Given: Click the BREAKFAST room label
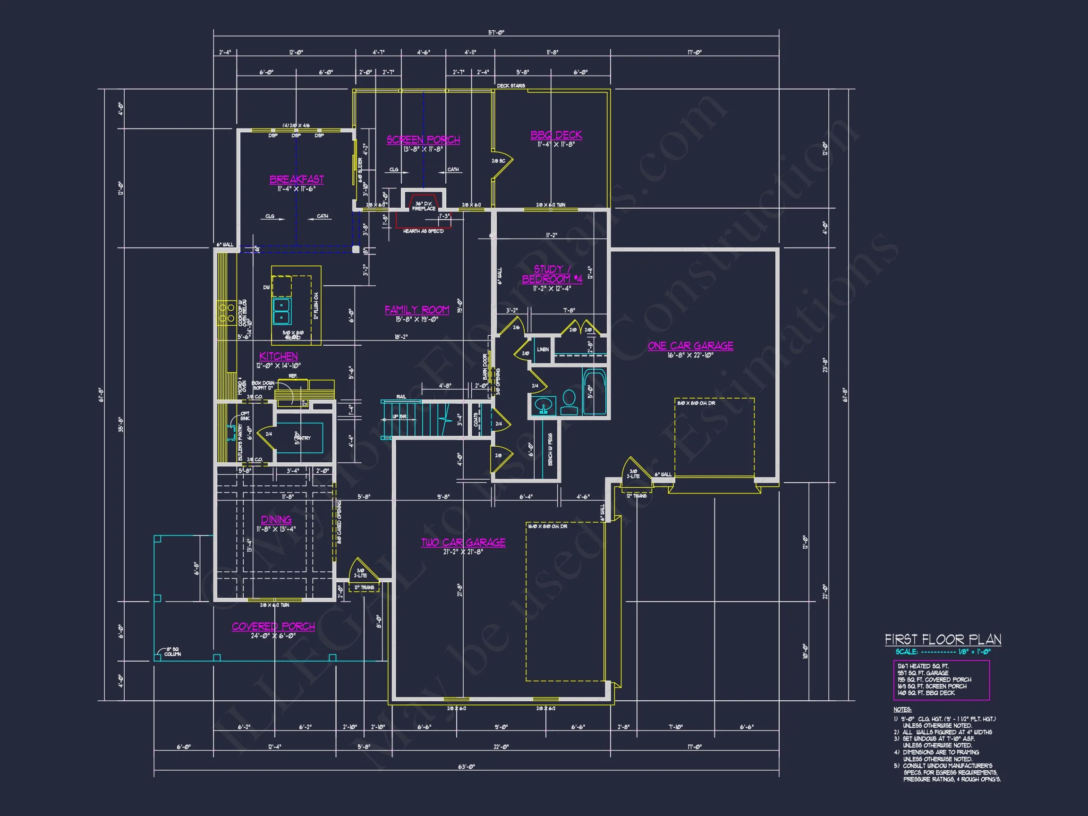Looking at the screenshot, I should click(x=297, y=179).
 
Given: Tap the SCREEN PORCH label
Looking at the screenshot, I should click(x=423, y=140).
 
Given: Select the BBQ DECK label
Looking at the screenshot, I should click(x=556, y=135).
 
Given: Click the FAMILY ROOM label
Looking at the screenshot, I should click(x=416, y=310).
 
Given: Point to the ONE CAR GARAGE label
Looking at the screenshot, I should click(x=690, y=346).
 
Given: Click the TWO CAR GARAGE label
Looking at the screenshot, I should click(x=463, y=542).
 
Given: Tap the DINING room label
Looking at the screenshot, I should click(x=276, y=519).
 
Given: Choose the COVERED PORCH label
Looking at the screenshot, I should click(x=273, y=626).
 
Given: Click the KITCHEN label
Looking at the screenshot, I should click(x=279, y=356).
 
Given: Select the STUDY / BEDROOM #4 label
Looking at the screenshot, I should click(x=552, y=274).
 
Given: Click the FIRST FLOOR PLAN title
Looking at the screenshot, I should click(x=943, y=639).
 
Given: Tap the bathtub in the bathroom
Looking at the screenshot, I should click(x=595, y=391).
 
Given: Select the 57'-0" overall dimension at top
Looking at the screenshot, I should click(x=496, y=33).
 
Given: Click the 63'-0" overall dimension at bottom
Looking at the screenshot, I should click(x=466, y=766).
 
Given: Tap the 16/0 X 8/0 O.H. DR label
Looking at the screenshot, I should click(x=547, y=527).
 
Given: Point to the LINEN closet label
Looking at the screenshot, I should click(x=543, y=350).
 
